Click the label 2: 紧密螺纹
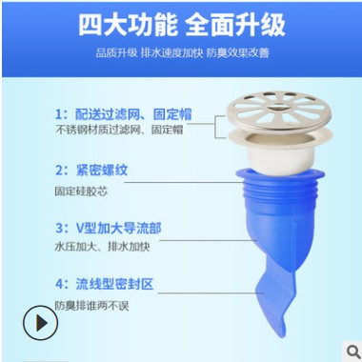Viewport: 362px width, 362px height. [91, 172]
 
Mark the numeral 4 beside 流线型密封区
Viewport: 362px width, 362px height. [58, 284]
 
